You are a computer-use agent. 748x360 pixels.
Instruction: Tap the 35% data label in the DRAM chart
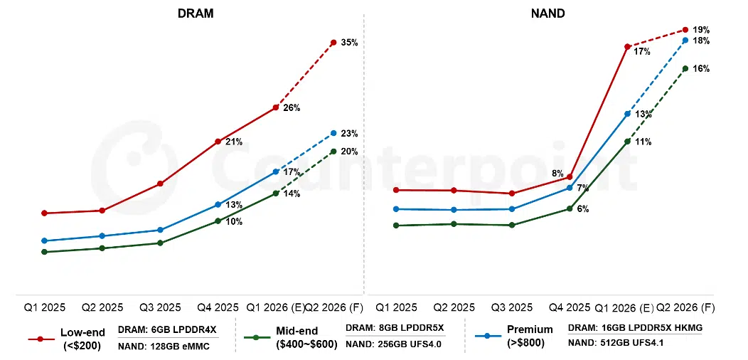click(x=349, y=43)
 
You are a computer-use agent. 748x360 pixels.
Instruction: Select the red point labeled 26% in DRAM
click(x=275, y=107)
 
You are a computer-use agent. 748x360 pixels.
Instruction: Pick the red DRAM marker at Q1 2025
click(x=44, y=213)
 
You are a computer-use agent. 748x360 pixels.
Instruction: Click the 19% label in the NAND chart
click(x=701, y=30)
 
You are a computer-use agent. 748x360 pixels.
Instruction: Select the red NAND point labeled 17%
click(x=627, y=47)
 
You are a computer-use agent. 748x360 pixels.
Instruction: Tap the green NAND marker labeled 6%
click(x=570, y=208)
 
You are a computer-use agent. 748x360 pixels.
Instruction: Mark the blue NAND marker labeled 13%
click(x=627, y=114)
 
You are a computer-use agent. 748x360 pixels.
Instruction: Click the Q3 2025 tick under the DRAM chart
click(x=159, y=308)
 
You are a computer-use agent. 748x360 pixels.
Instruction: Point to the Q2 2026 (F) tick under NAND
click(x=685, y=308)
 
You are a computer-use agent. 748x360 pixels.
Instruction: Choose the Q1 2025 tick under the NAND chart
click(x=396, y=308)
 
